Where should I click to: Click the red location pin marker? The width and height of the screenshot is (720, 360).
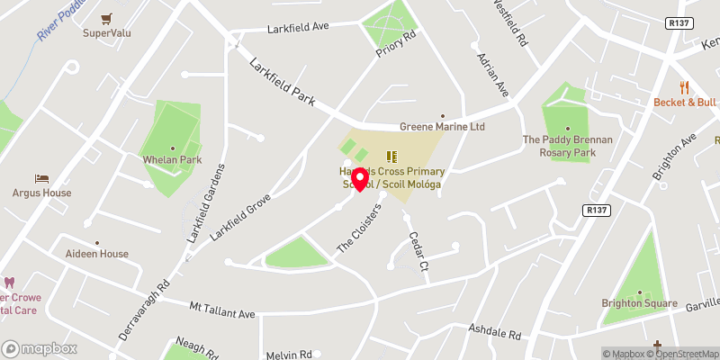[x=360, y=178]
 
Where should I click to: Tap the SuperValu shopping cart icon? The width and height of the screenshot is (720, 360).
[x=108, y=18]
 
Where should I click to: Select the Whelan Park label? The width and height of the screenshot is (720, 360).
[x=173, y=159]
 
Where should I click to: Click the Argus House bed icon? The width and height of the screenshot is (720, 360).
[x=40, y=178]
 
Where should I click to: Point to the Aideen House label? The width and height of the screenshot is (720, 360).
[x=97, y=254]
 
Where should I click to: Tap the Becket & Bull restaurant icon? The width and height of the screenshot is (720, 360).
[x=685, y=87]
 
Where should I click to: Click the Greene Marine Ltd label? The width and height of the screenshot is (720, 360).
[x=443, y=127]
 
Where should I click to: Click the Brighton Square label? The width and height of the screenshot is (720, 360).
[x=639, y=303]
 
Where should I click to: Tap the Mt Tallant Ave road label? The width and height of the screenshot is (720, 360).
[x=222, y=308]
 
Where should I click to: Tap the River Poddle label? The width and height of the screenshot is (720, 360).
[x=58, y=20]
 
